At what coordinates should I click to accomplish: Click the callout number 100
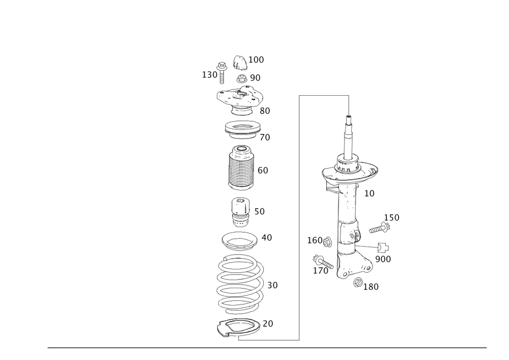pyautogui.click(x=256, y=60)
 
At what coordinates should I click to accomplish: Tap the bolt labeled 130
pyautogui.click(x=222, y=72)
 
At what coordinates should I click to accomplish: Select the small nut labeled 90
pyautogui.click(x=242, y=78)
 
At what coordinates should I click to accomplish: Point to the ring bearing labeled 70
pyautogui.click(x=242, y=129)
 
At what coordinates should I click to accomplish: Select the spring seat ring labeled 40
pyautogui.click(x=239, y=241)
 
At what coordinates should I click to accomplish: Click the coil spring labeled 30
pyautogui.click(x=240, y=284)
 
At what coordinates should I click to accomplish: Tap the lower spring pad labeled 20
pyautogui.click(x=239, y=328)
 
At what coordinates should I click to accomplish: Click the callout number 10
pyautogui.click(x=369, y=193)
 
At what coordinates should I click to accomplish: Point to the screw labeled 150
pyautogui.click(x=380, y=228)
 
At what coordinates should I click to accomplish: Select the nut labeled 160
pyautogui.click(x=327, y=241)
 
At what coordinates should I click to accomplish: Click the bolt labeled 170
pyautogui.click(x=323, y=262)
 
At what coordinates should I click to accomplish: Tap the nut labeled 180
pyautogui.click(x=358, y=283)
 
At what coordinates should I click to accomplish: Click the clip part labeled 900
pyautogui.click(x=383, y=247)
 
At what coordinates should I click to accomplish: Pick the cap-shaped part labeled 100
pyautogui.click(x=240, y=63)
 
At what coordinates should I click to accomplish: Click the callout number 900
pyautogui.click(x=383, y=259)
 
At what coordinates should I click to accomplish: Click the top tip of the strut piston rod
pyautogui.click(x=349, y=116)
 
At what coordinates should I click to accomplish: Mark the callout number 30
pyautogui.click(x=272, y=285)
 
